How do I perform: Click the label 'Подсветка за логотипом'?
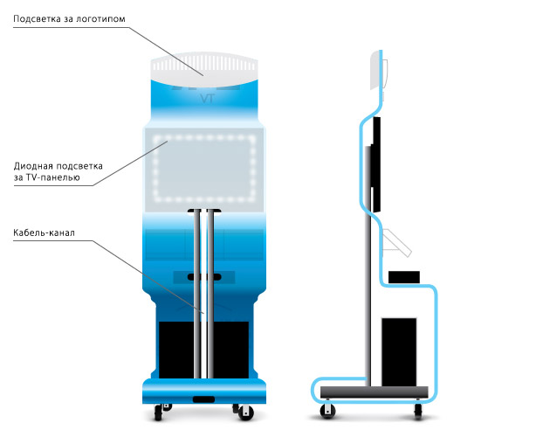69,19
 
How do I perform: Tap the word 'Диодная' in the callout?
33,166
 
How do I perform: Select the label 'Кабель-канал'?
44,232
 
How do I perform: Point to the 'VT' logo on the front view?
207,99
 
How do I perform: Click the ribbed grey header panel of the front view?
204,69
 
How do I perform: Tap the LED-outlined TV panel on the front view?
204,169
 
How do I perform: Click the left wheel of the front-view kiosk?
158,413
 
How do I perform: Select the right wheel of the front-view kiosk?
245,413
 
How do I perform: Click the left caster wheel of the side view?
327,412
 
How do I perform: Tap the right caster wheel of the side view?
418,412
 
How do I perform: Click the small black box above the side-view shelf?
404,277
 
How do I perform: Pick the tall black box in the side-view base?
399,352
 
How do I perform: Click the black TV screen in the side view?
376,164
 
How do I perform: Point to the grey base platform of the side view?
374,392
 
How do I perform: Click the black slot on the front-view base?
203,399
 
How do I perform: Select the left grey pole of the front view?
197,295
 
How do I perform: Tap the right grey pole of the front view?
210,295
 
